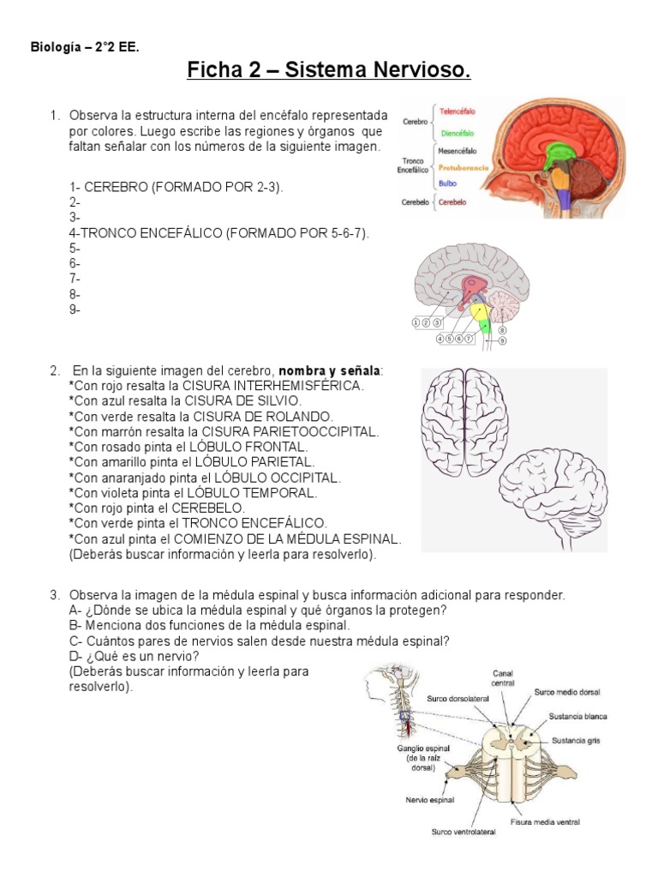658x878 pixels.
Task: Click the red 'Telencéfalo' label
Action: pyautogui.click(x=458, y=111)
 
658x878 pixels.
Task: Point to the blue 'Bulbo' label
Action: pyautogui.click(x=447, y=183)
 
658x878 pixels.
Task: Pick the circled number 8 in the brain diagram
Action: pyautogui.click(x=502, y=330)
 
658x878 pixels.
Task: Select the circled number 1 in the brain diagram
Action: pyautogui.click(x=416, y=322)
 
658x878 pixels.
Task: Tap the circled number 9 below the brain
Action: pyautogui.click(x=502, y=340)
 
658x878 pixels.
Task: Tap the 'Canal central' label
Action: pyautogui.click(x=502, y=677)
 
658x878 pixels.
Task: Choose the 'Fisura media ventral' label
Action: pyautogui.click(x=545, y=821)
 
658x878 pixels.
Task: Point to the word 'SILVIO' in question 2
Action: pyautogui.click(x=278, y=400)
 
